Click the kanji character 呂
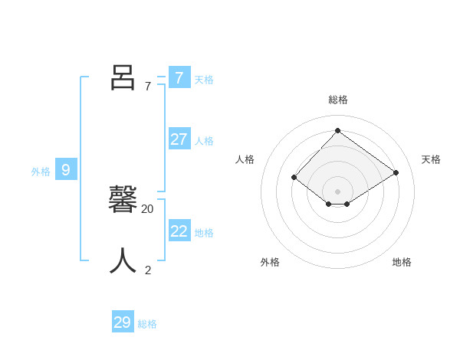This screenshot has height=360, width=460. point(123,77)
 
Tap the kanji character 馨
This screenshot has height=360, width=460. point(123,200)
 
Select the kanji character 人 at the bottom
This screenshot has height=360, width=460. point(123,261)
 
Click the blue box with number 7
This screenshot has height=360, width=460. point(179,78)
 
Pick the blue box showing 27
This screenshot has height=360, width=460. point(179,139)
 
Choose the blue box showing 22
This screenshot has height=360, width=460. point(179,231)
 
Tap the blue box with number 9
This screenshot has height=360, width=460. point(66,170)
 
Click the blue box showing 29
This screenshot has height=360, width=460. point(122,322)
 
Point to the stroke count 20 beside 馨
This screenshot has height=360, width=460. point(147,208)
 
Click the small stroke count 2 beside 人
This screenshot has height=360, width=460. point(148,270)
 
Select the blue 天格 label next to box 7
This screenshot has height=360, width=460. point(204,80)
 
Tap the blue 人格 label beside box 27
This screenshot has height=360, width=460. point(204,141)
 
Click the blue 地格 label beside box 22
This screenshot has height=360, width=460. point(204,233)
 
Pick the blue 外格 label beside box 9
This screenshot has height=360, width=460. point(41,172)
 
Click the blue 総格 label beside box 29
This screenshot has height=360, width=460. point(147,324)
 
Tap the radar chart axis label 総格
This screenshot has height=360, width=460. point(338,100)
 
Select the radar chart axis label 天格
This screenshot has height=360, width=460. point(431,159)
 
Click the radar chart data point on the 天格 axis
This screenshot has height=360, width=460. point(396,172)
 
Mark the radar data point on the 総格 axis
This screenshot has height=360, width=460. point(337,130)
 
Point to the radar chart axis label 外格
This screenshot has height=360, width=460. point(270,262)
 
